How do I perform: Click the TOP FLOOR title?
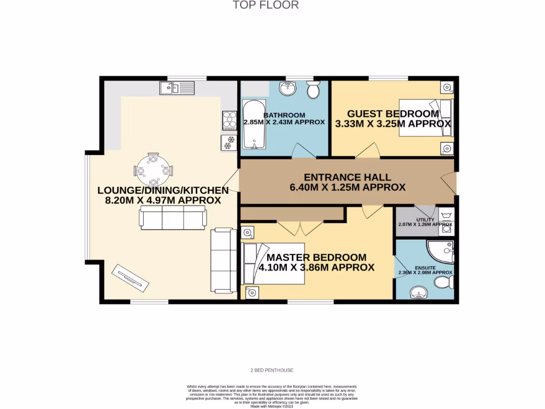point(266,5)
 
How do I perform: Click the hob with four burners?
point(229,120)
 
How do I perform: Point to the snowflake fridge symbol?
point(229,143)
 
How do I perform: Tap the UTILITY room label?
point(425,219)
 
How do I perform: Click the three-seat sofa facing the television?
point(172,218)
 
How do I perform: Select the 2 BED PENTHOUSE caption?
point(272,370)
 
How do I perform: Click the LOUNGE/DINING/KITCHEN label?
point(163,195)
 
